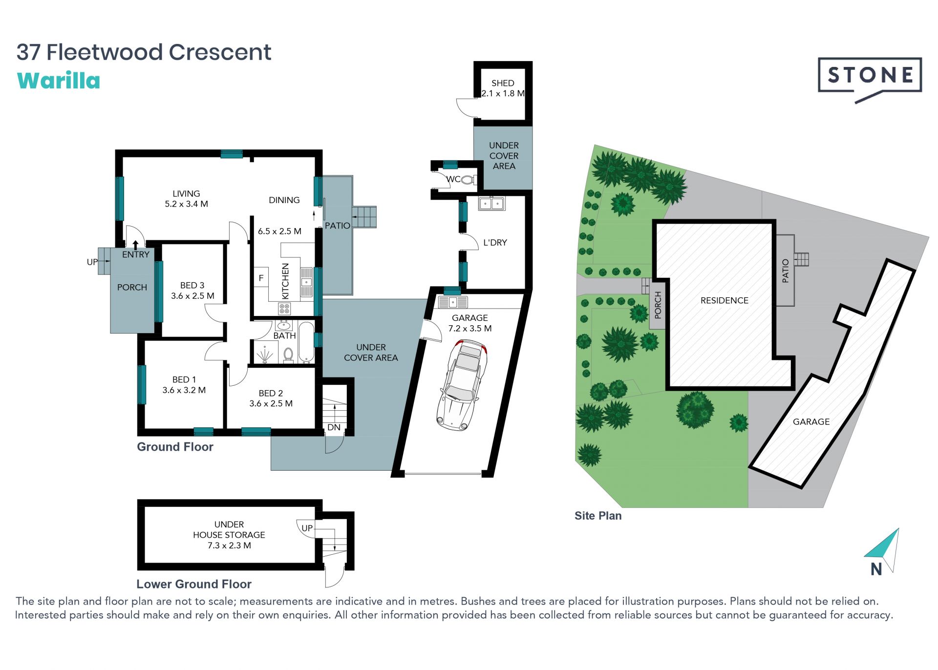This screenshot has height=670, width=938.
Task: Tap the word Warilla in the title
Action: pyautogui.click(x=59, y=81)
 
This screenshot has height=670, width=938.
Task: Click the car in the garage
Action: pyautogui.click(x=462, y=385)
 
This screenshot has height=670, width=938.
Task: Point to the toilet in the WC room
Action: pyautogui.click(x=468, y=180)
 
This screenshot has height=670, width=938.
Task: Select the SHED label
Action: pyautogui.click(x=503, y=83)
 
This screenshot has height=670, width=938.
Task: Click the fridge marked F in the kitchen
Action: pyautogui.click(x=261, y=278)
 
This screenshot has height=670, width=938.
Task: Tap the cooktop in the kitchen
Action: pyautogui.click(x=284, y=308)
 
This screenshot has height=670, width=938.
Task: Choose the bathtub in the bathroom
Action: pyautogui.click(x=306, y=342)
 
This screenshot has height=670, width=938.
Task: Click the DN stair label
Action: pyautogui.click(x=334, y=427)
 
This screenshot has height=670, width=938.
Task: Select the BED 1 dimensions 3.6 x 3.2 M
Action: pyautogui.click(x=184, y=390)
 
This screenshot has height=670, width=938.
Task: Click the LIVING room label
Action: pyautogui.click(x=186, y=193)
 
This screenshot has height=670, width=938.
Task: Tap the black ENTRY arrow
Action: pyautogui.click(x=135, y=245)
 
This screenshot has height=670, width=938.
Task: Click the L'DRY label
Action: pyautogui.click(x=495, y=242)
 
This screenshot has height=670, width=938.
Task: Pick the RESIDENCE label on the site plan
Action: pyautogui.click(x=725, y=300)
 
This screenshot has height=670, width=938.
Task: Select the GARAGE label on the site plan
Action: pyautogui.click(x=811, y=421)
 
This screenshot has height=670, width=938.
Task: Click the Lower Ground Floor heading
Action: pyautogui.click(x=194, y=584)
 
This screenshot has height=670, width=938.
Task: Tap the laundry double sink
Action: pyautogui.click(x=491, y=203)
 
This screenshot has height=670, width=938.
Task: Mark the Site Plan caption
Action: pyautogui.click(x=598, y=516)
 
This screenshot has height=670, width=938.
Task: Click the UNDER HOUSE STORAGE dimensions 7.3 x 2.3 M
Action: pyautogui.click(x=229, y=545)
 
